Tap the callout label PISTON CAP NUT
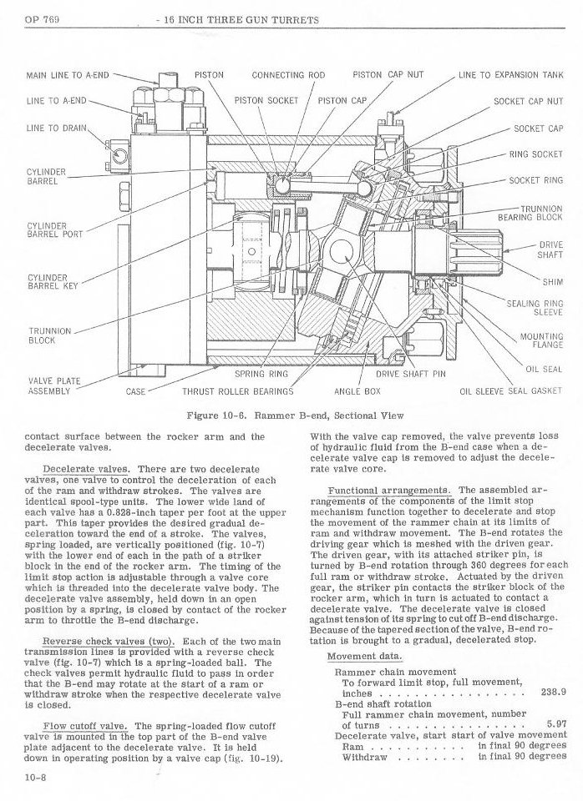[388, 74]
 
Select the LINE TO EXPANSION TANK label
[510, 74]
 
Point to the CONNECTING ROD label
[288, 74]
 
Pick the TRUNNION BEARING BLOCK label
[530, 213]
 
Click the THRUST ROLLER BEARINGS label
[238, 390]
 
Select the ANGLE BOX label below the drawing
[357, 390]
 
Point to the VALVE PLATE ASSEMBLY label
[54, 386]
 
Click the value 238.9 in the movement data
[554, 692]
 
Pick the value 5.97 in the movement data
[555, 723]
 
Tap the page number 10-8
[35, 775]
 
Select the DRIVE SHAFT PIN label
[411, 374]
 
